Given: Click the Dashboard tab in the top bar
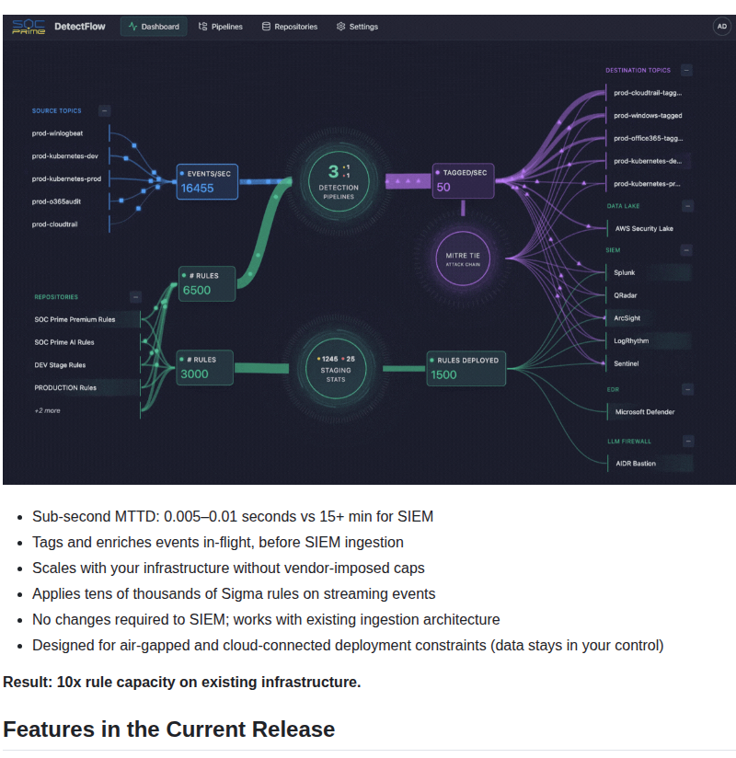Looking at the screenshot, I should (x=154, y=27).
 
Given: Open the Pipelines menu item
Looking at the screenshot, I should (x=221, y=27).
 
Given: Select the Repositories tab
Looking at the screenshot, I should (x=290, y=27).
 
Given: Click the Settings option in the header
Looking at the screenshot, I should (x=358, y=27).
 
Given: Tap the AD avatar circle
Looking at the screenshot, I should (x=722, y=27).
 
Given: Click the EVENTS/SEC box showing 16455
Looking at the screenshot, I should (x=207, y=181).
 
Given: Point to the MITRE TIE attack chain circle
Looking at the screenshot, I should (x=463, y=258).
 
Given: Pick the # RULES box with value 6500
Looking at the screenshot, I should (x=207, y=283).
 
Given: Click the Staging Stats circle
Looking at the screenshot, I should (x=336, y=368).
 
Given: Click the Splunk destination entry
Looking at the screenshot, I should (x=626, y=273).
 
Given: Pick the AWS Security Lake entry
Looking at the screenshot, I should (x=644, y=228).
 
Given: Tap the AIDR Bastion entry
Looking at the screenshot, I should (x=636, y=463).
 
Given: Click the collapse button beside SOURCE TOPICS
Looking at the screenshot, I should (x=105, y=110).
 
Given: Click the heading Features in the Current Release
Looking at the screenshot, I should (x=169, y=729).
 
